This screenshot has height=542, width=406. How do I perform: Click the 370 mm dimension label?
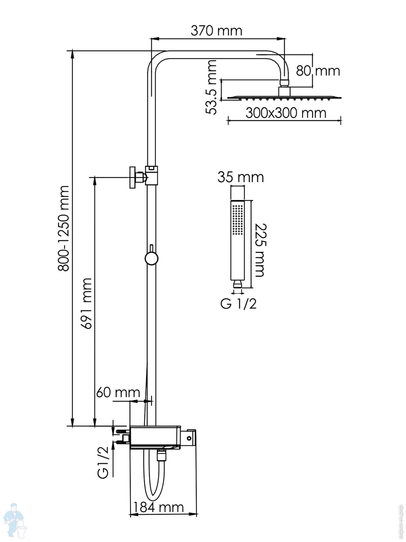(x=217, y=31)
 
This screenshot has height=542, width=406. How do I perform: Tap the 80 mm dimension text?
(x=318, y=71)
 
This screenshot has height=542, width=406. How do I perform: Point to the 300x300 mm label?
(x=286, y=113)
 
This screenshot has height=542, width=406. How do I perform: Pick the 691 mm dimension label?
(x=87, y=303)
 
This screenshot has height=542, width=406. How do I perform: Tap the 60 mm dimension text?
(x=118, y=393)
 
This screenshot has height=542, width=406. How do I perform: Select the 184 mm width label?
(x=158, y=507)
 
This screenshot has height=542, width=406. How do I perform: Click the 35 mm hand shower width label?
(x=240, y=177)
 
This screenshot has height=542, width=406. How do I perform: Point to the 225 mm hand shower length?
(x=260, y=250)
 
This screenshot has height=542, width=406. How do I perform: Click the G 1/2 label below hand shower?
(x=238, y=304)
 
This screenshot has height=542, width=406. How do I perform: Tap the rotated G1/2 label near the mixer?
(x=104, y=462)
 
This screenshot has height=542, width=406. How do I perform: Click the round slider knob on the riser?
(x=152, y=258)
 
